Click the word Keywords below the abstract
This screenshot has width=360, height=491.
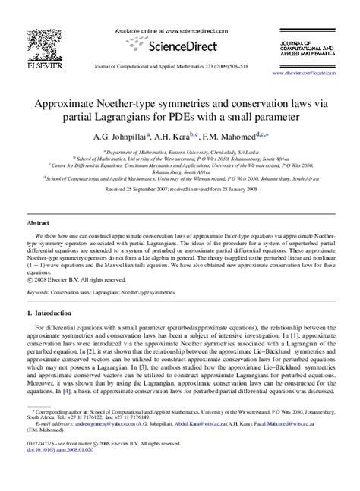(39, 291)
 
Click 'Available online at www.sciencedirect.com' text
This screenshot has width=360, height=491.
(162, 29)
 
